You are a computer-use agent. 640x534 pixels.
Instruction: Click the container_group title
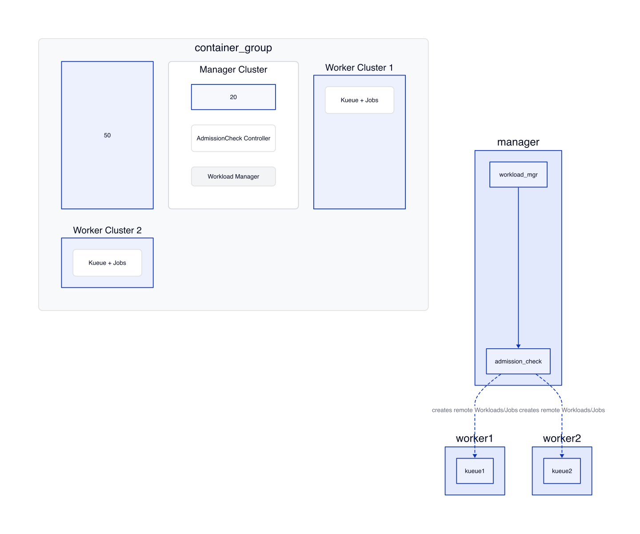(x=233, y=48)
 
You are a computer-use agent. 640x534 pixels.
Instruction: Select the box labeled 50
(x=107, y=135)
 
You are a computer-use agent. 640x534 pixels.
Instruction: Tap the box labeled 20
(x=233, y=97)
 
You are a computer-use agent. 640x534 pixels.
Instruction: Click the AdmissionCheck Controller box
(x=233, y=138)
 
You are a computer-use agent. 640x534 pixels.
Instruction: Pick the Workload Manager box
(x=233, y=176)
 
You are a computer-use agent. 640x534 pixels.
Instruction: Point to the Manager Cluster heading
(x=233, y=70)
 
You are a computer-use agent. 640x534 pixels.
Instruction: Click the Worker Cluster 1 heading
(x=359, y=68)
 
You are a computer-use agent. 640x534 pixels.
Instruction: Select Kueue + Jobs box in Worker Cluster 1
(x=359, y=100)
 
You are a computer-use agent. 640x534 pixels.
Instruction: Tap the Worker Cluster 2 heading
(x=107, y=230)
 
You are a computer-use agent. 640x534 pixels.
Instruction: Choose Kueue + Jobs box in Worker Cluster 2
(x=107, y=263)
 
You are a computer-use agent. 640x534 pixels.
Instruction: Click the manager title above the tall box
(x=518, y=142)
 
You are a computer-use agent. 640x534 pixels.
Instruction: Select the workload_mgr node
(x=518, y=175)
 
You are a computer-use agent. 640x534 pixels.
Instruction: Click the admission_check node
(x=518, y=361)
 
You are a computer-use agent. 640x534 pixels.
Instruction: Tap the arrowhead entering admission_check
(x=518, y=346)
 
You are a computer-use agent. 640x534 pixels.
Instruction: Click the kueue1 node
(x=475, y=471)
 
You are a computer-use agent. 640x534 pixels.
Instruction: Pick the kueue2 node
(x=562, y=471)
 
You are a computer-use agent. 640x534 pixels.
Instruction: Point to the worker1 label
(x=474, y=438)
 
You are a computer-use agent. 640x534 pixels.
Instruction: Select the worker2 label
(x=562, y=438)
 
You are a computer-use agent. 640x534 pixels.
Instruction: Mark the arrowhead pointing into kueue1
(x=475, y=456)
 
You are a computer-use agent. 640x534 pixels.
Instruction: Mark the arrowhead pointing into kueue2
(x=562, y=456)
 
